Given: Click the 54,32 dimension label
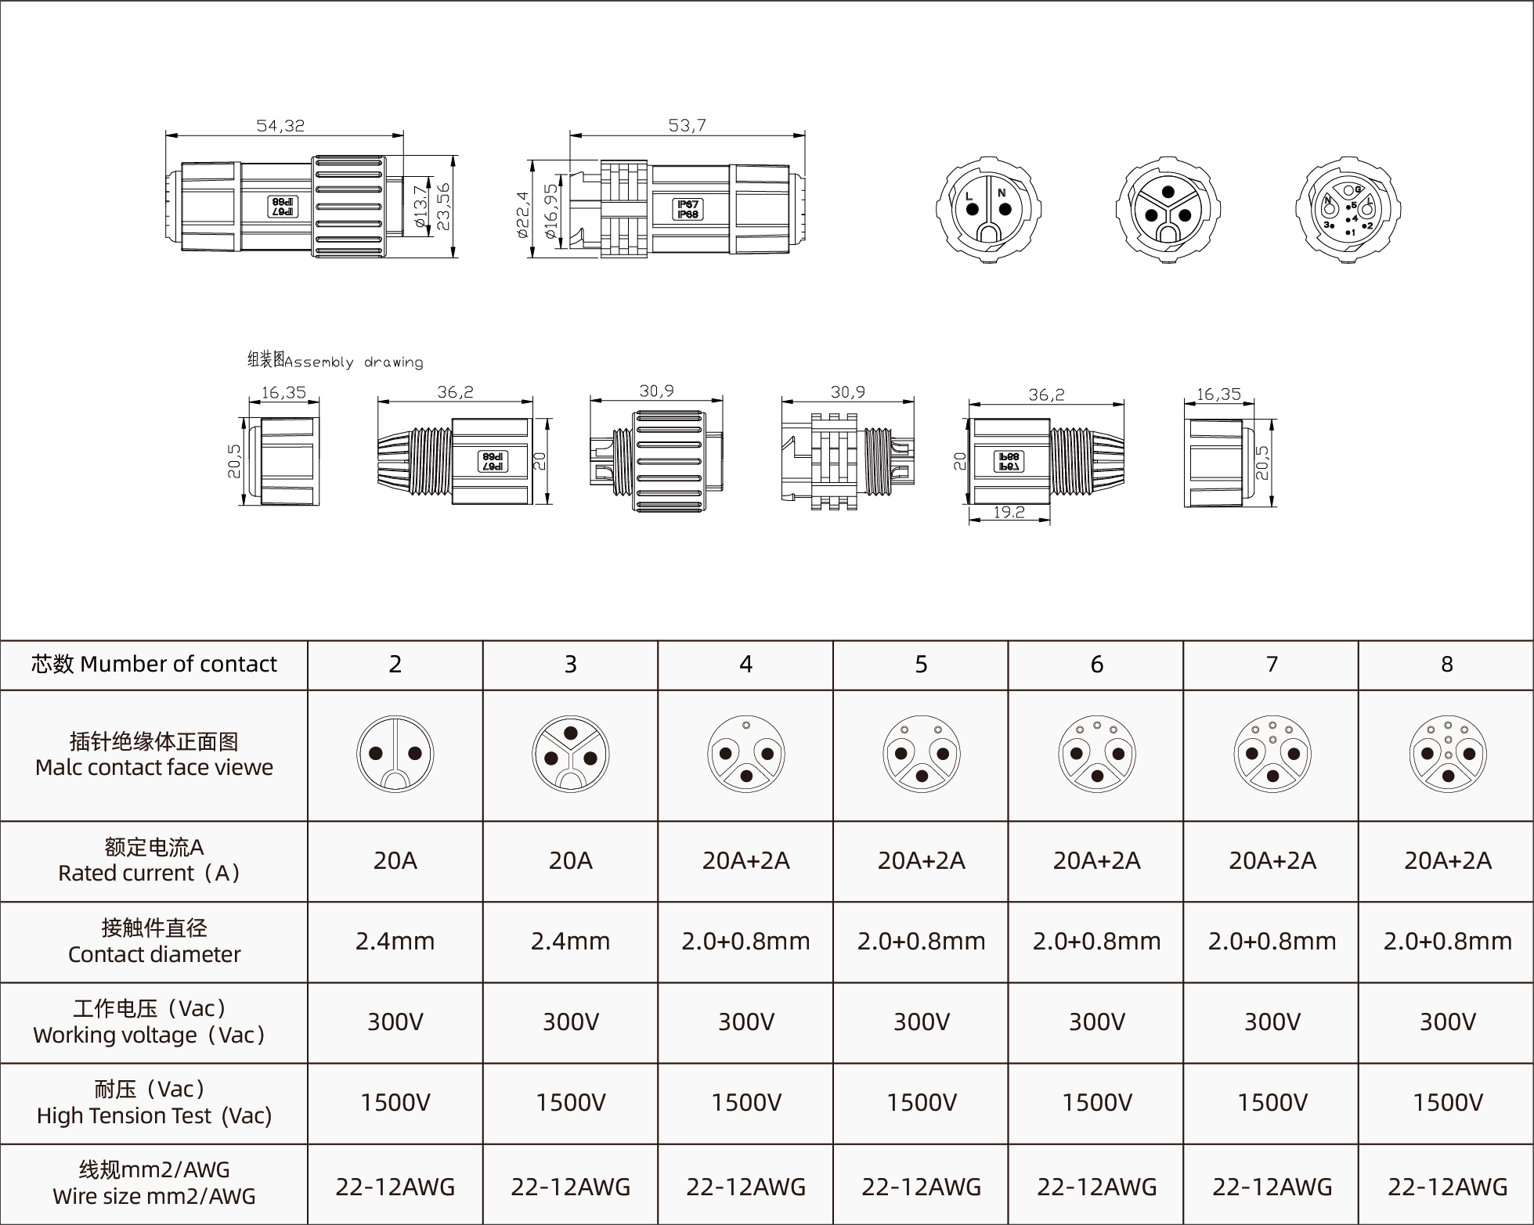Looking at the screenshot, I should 280,125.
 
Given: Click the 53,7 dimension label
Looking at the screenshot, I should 687,125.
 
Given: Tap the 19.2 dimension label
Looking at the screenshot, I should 1009,512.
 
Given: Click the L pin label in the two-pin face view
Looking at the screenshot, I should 969,196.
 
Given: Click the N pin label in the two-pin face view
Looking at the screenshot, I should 1002,193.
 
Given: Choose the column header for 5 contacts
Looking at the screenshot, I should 921,665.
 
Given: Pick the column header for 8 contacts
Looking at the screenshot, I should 1446,665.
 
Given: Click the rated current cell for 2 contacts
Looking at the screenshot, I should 395,861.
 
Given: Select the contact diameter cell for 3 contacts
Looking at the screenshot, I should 570,941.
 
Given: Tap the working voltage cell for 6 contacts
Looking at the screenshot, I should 1096,1021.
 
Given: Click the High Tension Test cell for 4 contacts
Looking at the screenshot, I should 745,1102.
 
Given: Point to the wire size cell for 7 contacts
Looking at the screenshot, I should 1272,1187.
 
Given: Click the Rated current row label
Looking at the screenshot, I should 153,860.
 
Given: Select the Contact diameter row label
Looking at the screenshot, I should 153,941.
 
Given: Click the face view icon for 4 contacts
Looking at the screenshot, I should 745,755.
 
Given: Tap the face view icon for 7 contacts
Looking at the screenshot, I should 1272,755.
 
